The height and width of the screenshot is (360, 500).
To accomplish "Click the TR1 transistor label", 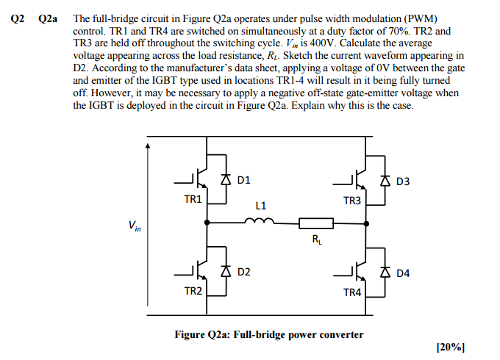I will pos(193,199).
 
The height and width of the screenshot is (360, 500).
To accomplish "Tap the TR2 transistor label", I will pos(193,291).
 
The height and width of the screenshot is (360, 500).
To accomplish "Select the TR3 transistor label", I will pos(352,200).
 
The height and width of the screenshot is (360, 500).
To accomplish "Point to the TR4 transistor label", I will pos(352,292).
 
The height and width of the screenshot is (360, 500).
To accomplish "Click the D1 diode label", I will pos(244,179).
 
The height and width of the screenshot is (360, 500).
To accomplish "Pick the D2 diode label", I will pos(244,272).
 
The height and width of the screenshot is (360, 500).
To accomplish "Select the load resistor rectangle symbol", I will pos(315,221).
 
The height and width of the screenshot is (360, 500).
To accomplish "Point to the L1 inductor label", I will pos(261,206).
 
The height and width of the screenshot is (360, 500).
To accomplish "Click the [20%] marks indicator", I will pos(451,347).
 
